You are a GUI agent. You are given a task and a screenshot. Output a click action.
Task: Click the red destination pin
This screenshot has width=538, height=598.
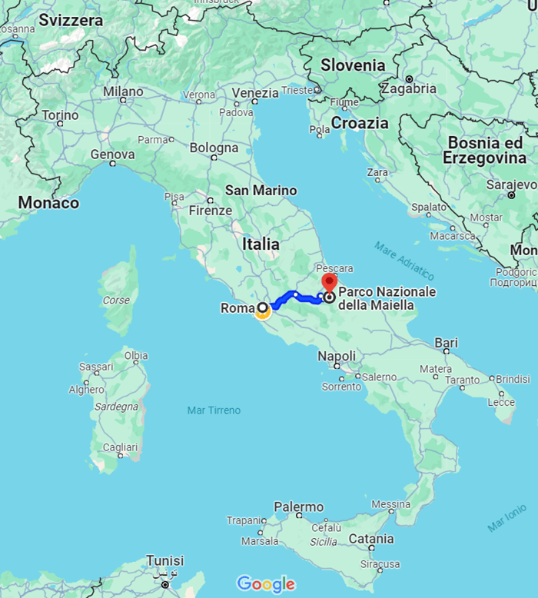pyautogui.click(x=329, y=283)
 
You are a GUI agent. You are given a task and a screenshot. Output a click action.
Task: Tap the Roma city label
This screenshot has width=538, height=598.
pyautogui.click(x=236, y=309)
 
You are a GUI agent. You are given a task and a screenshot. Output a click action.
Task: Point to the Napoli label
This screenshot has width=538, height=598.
pyautogui.click(x=337, y=357)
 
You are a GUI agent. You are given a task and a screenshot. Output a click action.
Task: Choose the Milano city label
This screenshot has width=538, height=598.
pyautogui.click(x=123, y=92)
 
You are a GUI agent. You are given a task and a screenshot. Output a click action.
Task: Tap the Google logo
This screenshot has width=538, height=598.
pyautogui.click(x=265, y=584)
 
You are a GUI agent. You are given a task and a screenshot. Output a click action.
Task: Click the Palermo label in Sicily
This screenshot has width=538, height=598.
pyautogui.click(x=299, y=507)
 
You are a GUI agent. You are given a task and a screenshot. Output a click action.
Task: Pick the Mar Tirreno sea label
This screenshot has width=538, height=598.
pyautogui.click(x=214, y=410)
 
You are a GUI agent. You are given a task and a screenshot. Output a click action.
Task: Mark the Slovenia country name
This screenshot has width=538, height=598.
pyautogui.click(x=353, y=65)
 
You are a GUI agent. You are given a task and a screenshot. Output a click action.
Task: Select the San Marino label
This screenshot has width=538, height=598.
pyautogui.click(x=261, y=191)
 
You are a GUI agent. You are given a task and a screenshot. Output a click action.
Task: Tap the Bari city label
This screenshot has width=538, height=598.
pyautogui.click(x=446, y=342)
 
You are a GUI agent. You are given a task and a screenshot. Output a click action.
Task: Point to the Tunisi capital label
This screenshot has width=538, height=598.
pyautogui.click(x=164, y=560)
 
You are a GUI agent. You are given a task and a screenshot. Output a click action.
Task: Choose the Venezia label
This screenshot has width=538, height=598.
pyautogui.click(x=254, y=93)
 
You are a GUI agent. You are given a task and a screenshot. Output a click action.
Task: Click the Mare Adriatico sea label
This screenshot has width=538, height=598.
pyautogui.click(x=404, y=261)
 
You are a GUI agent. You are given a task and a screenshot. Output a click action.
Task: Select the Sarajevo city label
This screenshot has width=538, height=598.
pyautogui.click(x=511, y=184)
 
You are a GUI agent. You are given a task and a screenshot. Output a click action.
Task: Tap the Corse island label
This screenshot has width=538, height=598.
pyautogui.click(x=117, y=301)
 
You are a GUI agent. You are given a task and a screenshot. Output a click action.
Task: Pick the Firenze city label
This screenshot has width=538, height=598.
pyautogui.click(x=210, y=211)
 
